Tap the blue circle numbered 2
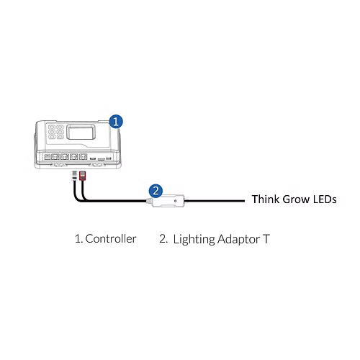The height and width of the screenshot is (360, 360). coord(154,191)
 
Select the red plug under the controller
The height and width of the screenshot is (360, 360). coord(82,176)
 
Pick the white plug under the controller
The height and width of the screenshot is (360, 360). coord(73,176)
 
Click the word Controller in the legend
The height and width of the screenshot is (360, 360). coord(110,238)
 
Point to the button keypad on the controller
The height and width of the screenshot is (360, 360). coord(54,134)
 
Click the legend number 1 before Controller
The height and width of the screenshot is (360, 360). coord(77,238)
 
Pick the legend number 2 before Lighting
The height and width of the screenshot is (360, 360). coord(163,238)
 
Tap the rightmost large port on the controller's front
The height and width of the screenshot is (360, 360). coord(83,156)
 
